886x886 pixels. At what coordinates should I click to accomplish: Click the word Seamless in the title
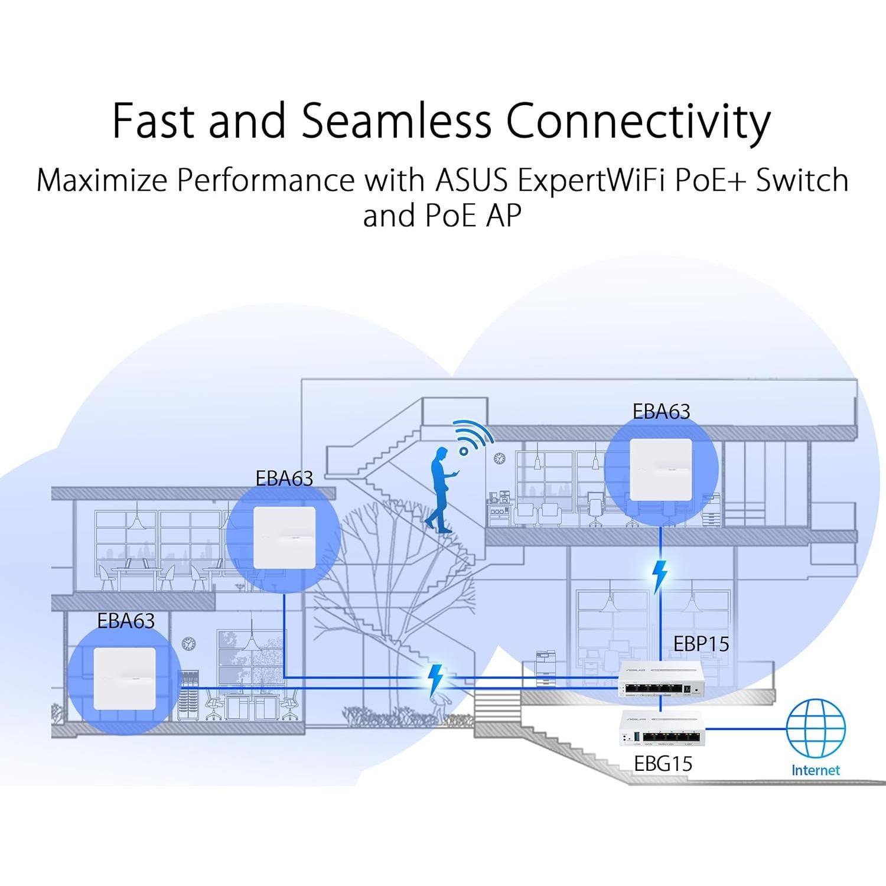(x=396, y=121)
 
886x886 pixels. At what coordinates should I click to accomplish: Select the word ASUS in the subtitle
(x=471, y=180)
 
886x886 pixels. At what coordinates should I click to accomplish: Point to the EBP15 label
(x=701, y=644)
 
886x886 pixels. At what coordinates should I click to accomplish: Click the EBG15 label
(x=663, y=764)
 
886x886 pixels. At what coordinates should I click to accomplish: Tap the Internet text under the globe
(x=815, y=770)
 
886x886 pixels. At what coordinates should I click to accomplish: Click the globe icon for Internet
(x=816, y=728)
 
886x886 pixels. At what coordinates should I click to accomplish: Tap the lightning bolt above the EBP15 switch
(x=660, y=576)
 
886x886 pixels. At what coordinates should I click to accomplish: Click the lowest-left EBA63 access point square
(x=125, y=679)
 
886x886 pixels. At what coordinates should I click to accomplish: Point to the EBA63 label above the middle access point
(x=284, y=478)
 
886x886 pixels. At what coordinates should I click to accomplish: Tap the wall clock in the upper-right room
(x=500, y=457)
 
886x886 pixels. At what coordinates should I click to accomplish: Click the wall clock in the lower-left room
(x=188, y=643)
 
